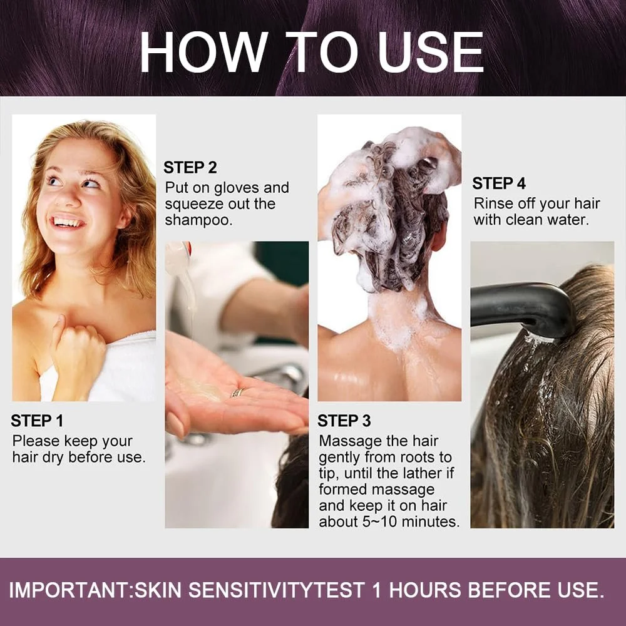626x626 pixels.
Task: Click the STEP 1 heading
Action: [x=37, y=421]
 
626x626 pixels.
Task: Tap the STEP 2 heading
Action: [x=190, y=168]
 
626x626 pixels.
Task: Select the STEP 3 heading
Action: [x=344, y=421]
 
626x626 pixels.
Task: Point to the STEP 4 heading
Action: [x=499, y=183]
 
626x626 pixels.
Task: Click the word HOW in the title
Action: [x=203, y=53]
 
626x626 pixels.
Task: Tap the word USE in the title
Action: [x=431, y=53]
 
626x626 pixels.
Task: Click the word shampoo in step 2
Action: [x=198, y=220]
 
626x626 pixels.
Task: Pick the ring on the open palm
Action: [x=238, y=393]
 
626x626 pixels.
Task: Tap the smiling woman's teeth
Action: [x=68, y=222]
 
